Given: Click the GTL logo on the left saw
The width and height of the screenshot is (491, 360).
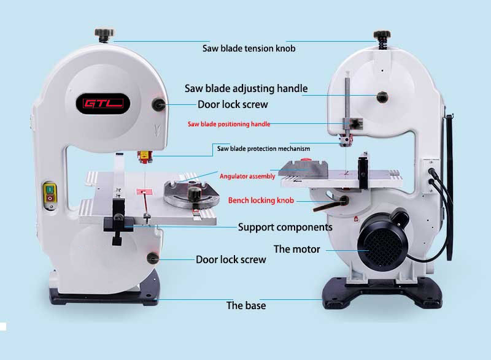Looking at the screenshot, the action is tap(102, 104).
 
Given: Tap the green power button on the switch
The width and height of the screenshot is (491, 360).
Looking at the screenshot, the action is tap(50, 190).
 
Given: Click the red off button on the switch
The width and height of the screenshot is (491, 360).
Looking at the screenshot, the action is tap(50, 198).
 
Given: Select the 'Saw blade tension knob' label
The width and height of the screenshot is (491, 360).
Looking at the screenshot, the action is tap(249, 48).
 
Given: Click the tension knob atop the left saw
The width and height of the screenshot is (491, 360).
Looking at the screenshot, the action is tap(104, 35).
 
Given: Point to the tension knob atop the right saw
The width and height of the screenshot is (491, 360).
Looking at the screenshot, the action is tap(382, 39).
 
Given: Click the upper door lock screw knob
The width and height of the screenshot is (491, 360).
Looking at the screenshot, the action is tap(158, 104).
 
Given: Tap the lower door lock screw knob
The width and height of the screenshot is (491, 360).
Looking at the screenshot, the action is tap(153, 258).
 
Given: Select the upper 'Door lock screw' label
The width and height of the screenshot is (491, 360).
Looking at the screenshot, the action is tap(233, 104).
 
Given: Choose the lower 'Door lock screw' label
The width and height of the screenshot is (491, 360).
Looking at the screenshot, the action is tap(231, 259).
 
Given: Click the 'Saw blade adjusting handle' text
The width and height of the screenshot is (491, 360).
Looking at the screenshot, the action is tap(246, 88).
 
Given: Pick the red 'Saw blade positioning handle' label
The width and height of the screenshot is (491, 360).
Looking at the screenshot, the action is tap(229, 124).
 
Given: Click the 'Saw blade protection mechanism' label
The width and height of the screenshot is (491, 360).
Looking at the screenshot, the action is tap(264, 148).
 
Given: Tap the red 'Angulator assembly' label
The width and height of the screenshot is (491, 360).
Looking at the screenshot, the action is tap(247, 177).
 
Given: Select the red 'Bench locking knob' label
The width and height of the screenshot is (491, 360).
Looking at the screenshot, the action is tap(261, 201).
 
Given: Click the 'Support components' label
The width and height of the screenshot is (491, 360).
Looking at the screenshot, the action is tap(285, 227).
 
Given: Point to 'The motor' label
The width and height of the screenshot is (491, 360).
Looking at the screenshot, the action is tap(297, 249).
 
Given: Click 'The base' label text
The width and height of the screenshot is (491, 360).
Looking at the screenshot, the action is tap(246, 305).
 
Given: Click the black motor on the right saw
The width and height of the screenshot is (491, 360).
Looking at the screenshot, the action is tap(383, 239).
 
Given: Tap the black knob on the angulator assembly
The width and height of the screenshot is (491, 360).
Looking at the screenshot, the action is tap(194, 194).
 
